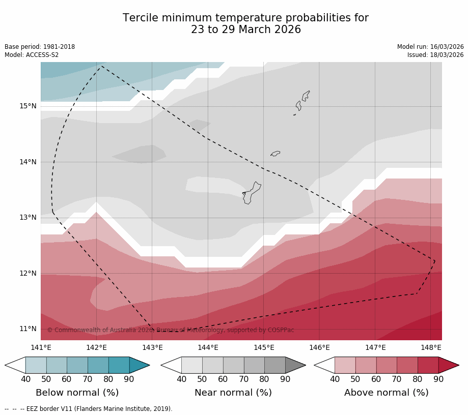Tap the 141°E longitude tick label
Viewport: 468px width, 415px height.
tap(41, 348)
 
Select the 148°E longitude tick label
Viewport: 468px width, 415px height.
tap(431, 348)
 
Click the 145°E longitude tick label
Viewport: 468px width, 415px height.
tap(264, 348)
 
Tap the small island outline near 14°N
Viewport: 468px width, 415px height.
tap(275, 153)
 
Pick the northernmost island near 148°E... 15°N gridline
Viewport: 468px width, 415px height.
tap(306, 96)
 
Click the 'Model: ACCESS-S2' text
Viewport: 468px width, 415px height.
tap(32, 55)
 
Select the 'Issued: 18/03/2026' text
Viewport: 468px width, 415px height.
tap(435, 55)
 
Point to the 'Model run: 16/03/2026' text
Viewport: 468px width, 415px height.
tap(430, 47)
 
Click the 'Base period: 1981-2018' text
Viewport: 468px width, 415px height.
tap(40, 47)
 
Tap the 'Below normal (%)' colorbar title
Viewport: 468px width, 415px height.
tap(77, 393)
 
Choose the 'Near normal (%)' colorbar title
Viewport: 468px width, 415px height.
tap(233, 393)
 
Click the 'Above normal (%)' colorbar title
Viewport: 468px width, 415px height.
tap(387, 393)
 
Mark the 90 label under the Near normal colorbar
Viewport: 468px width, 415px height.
tap(285, 379)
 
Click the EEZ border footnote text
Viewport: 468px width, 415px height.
tap(89, 409)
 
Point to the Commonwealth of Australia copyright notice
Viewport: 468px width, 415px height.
tap(171, 330)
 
